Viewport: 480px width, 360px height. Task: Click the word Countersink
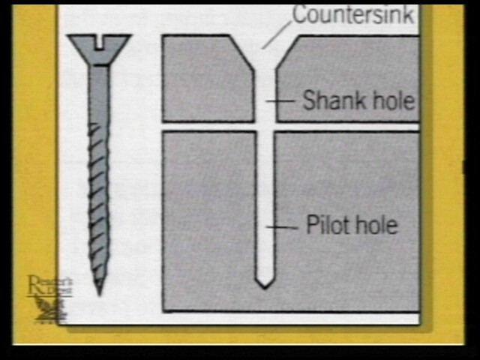[x=352, y=15]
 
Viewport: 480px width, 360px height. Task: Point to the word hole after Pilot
[x=373, y=224]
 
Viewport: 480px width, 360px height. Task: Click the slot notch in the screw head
[x=99, y=38]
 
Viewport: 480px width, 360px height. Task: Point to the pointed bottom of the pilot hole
[x=263, y=282]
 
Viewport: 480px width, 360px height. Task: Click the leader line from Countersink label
[x=277, y=34]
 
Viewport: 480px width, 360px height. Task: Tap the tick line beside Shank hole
[x=283, y=100]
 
